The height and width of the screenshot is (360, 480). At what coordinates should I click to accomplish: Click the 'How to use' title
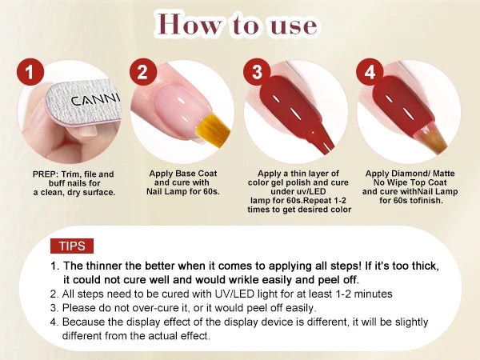point(240,25)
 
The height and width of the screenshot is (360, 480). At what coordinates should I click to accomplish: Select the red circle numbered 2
point(142,73)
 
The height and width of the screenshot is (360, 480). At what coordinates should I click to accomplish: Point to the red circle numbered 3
point(256,73)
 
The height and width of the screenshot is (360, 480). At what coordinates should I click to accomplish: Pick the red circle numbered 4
point(369,73)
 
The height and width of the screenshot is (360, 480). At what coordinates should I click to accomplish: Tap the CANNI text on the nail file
point(93,101)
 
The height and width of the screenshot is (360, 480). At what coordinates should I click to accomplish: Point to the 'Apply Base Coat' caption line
point(183,174)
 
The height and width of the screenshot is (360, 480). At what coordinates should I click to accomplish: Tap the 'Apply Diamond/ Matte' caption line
point(410,174)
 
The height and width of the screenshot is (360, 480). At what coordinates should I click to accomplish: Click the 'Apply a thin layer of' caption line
point(298,174)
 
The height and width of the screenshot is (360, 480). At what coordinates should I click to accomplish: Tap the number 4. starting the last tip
point(54,322)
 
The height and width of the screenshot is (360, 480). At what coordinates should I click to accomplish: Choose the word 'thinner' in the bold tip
point(108,265)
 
